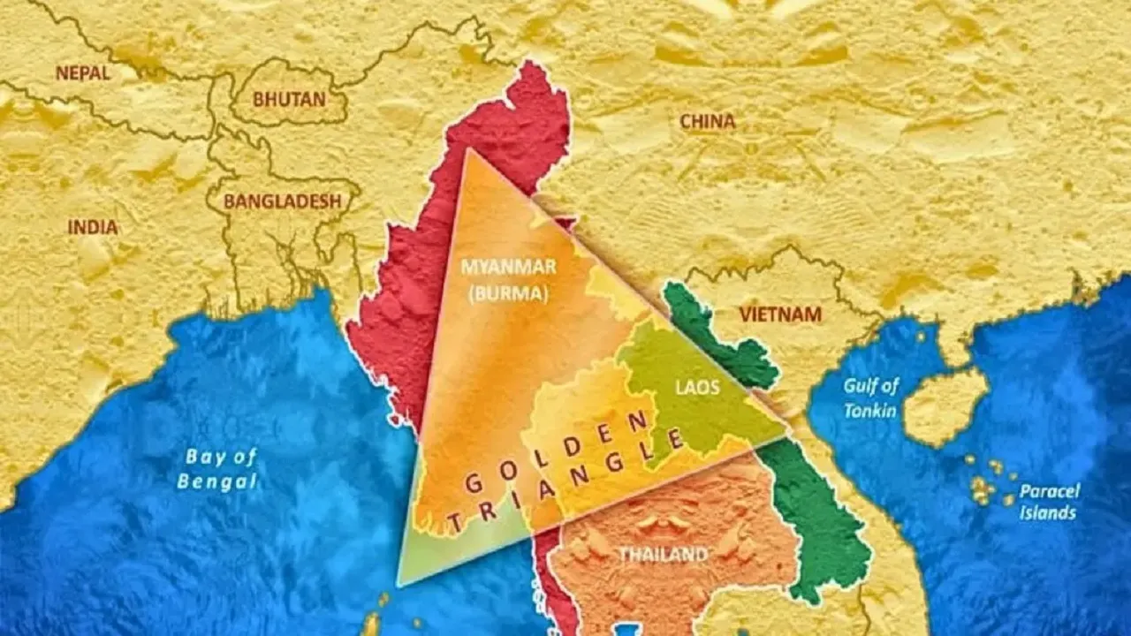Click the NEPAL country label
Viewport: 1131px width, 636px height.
click(x=83, y=73)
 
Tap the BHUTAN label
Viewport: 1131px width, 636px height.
click(x=289, y=100)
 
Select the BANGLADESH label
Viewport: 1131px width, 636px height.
click(x=282, y=201)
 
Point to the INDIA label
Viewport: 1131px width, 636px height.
click(x=93, y=227)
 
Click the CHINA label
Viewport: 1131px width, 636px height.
click(x=707, y=122)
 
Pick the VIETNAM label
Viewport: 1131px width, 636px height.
click(x=780, y=314)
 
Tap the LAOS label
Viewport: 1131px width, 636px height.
click(x=697, y=388)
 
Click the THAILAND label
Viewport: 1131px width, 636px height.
click(x=663, y=555)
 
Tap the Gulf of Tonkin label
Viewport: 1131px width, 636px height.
click(x=870, y=397)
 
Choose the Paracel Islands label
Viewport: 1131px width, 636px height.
click(x=1049, y=502)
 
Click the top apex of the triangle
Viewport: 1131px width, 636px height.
click(x=467, y=150)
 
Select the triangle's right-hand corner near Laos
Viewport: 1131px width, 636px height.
click(x=786, y=430)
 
